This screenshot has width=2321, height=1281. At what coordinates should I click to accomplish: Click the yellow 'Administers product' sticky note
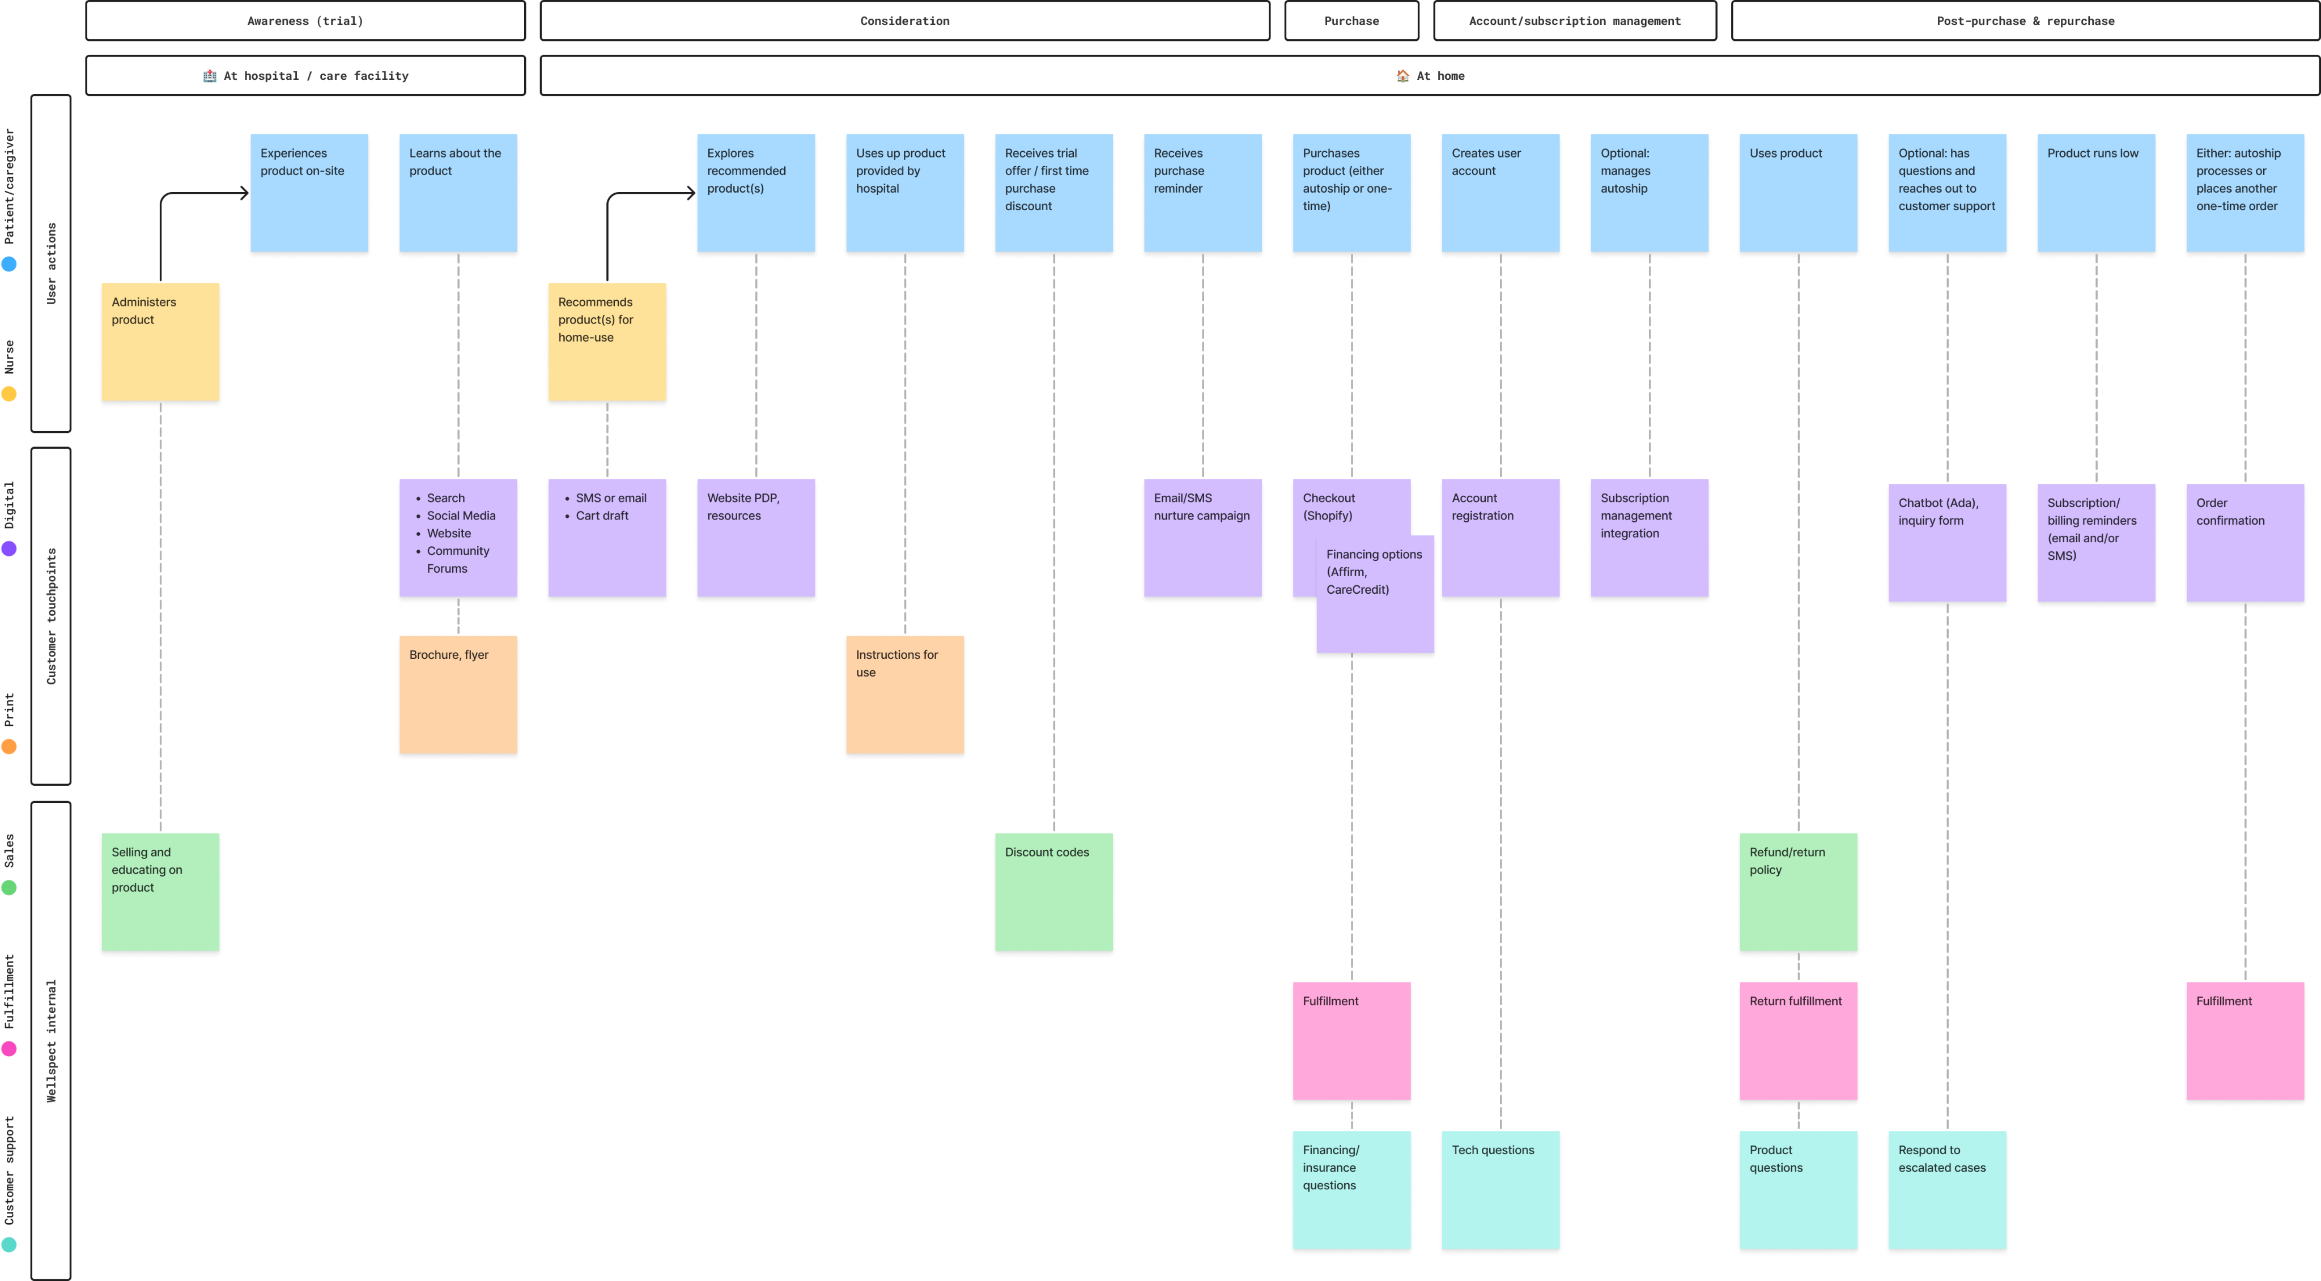point(160,345)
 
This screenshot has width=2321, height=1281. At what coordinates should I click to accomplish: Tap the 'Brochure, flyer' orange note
point(458,697)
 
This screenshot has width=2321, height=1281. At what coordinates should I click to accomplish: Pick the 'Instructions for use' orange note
point(904,697)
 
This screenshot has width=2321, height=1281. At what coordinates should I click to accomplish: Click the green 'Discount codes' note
point(1053,895)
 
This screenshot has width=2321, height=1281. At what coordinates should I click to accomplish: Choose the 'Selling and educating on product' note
point(160,895)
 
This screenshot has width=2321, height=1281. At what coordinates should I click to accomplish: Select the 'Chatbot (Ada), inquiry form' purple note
point(1947,546)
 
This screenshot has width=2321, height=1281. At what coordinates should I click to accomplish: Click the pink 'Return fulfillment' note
point(1799,1043)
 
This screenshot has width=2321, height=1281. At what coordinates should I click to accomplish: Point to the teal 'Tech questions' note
point(1500,1192)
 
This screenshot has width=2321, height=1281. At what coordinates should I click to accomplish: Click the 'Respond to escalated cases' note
point(1947,1192)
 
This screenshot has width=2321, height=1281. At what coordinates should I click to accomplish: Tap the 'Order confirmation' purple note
point(2245,546)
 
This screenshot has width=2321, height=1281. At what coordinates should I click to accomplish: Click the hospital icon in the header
point(210,76)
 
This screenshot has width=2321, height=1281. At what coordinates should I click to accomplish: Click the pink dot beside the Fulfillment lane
point(9,1049)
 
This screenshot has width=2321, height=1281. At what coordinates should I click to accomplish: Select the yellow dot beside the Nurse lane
point(9,394)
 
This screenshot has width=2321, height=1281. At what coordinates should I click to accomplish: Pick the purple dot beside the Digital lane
point(9,548)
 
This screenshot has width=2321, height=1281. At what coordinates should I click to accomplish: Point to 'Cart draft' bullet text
point(602,515)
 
